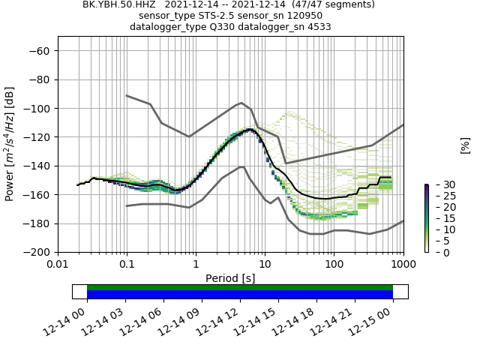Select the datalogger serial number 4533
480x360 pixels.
[x=317, y=27]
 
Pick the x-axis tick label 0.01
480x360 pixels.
[x=58, y=265]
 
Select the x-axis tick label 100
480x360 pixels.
[x=334, y=265]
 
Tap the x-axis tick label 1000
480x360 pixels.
[x=403, y=265]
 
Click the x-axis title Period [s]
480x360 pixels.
[x=230, y=278]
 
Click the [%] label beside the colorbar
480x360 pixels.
[x=465, y=145]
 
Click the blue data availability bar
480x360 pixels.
[x=240, y=295]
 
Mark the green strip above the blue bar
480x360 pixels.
[x=240, y=287]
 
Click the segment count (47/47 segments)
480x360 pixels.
[x=328, y=4]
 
